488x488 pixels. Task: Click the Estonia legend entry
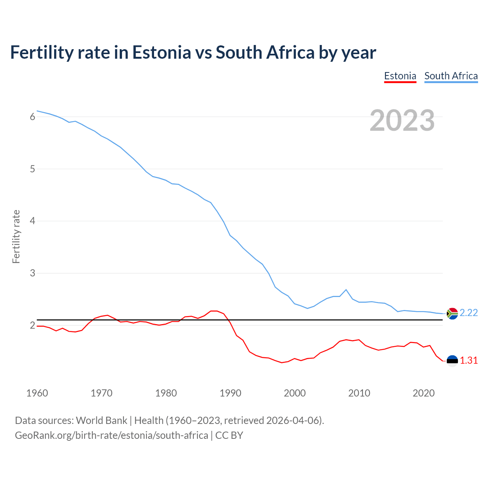tap(400, 76)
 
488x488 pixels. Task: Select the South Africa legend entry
tap(451, 76)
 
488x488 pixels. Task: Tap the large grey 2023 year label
tap(402, 120)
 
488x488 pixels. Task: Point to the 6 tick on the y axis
tap(32, 117)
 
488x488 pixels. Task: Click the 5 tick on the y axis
tap(32, 169)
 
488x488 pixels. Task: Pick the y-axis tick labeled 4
tap(32, 221)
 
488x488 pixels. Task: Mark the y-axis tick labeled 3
tap(32, 273)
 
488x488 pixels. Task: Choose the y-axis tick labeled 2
tap(32, 325)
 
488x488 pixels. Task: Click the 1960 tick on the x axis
tap(37, 393)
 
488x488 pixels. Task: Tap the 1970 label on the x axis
tap(101, 393)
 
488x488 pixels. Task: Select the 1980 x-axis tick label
tap(166, 393)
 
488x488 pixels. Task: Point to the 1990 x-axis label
tap(230, 393)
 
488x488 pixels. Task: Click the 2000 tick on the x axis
tap(295, 393)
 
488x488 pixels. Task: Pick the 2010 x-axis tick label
tap(359, 393)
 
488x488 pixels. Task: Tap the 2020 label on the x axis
tap(424, 393)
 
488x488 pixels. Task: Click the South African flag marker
tap(452, 313)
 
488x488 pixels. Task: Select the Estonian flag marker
tap(452, 361)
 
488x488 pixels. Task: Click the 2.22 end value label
tap(469, 313)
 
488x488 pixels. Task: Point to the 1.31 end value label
tap(469, 361)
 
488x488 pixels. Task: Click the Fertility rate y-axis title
tap(16, 236)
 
